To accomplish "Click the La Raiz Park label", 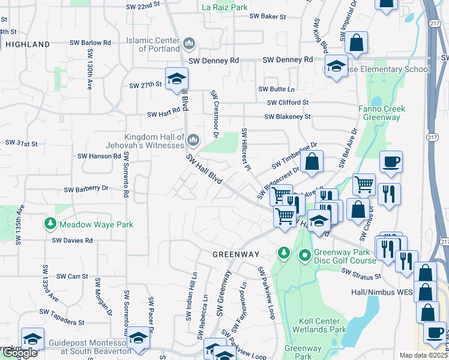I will click(225, 8).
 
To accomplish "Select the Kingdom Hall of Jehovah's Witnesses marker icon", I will click(193, 141).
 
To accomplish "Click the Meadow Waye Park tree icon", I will click(51, 224).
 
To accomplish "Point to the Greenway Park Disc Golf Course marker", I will click(305, 256).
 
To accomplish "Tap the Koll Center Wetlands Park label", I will click(319, 325).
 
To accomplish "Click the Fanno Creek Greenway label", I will click(382, 113).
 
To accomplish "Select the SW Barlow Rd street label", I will click(91, 43).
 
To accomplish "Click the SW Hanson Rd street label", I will click(99, 156).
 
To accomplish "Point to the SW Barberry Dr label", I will click(88, 188).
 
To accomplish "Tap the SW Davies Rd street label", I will click(72, 241).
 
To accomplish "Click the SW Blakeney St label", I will click(288, 116).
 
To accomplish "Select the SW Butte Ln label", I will click(277, 89).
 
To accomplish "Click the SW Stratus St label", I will click(361, 274).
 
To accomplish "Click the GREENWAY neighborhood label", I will click(235, 254).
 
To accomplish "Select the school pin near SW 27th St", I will click(177, 79).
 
